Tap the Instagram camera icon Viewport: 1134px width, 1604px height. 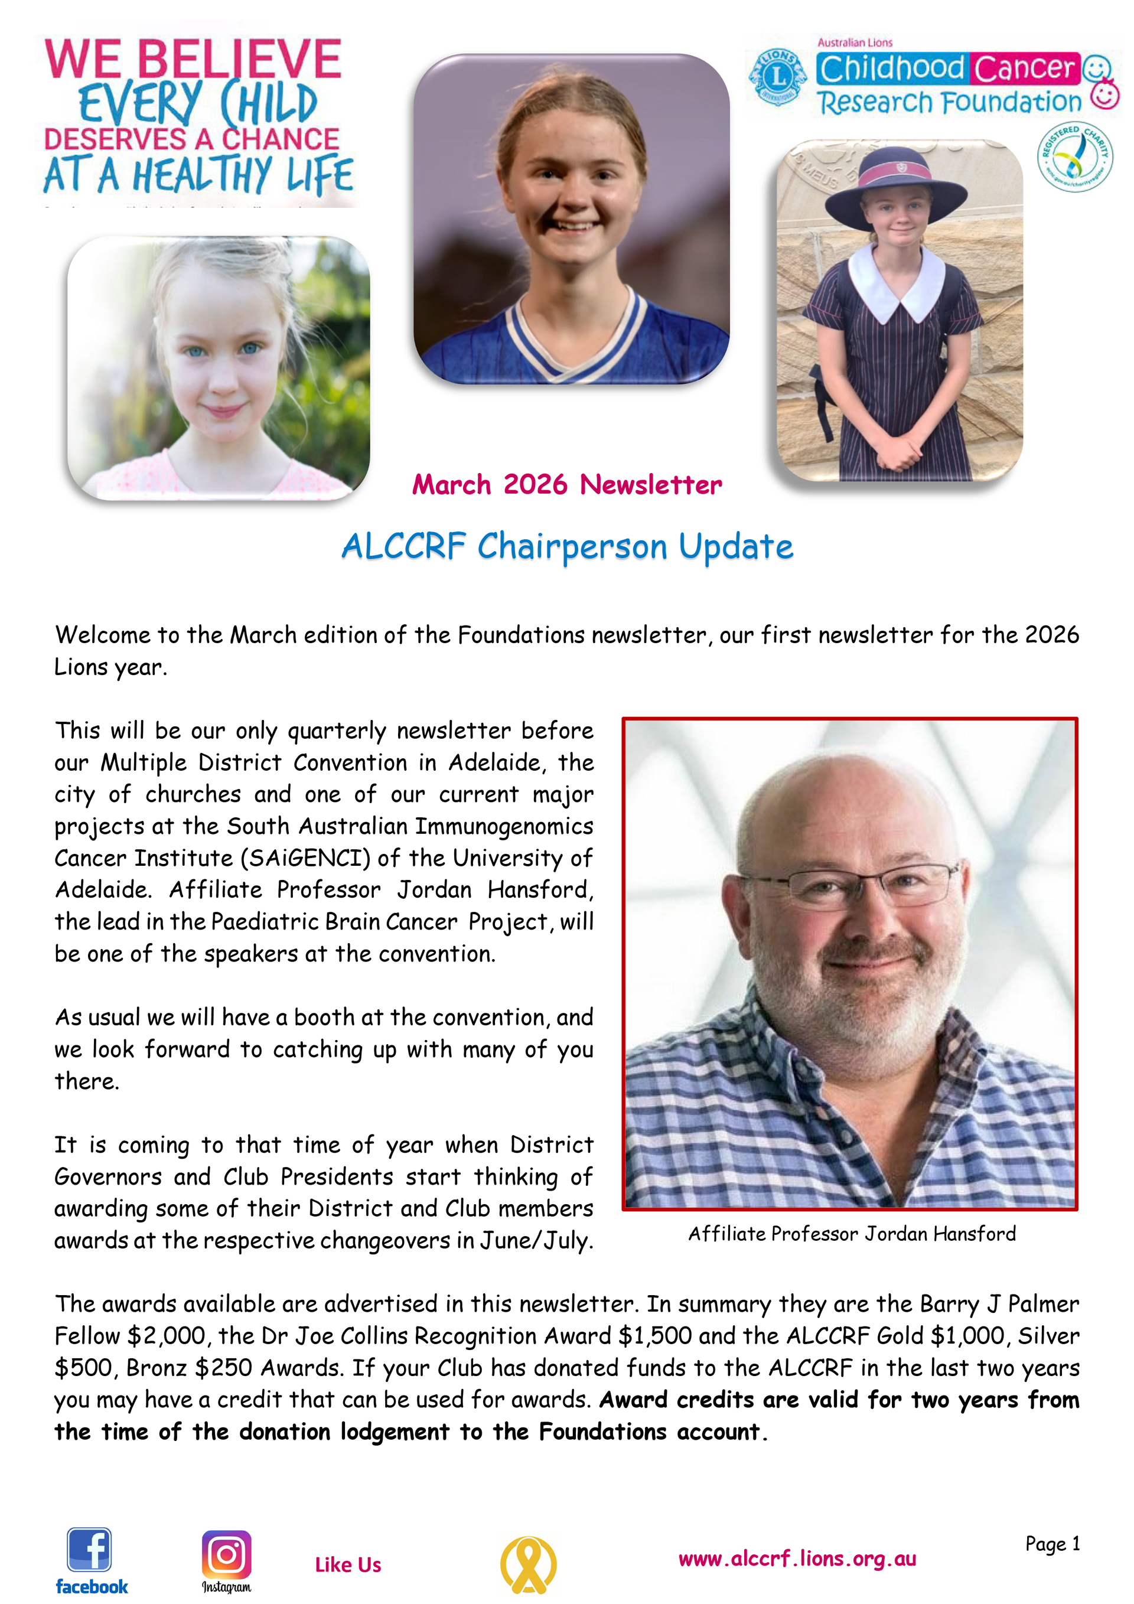pos(226,1554)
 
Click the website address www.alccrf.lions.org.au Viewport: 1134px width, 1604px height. pos(797,1559)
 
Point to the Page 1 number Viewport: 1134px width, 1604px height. pos(1052,1544)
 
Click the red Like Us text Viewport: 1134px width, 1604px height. pos(348,1565)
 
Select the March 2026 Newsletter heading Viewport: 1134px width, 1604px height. pos(566,485)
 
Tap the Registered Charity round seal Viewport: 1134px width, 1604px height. pos(1074,157)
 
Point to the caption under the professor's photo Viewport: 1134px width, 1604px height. pos(852,1234)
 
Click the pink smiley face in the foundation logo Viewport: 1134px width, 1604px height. pos(1105,94)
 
